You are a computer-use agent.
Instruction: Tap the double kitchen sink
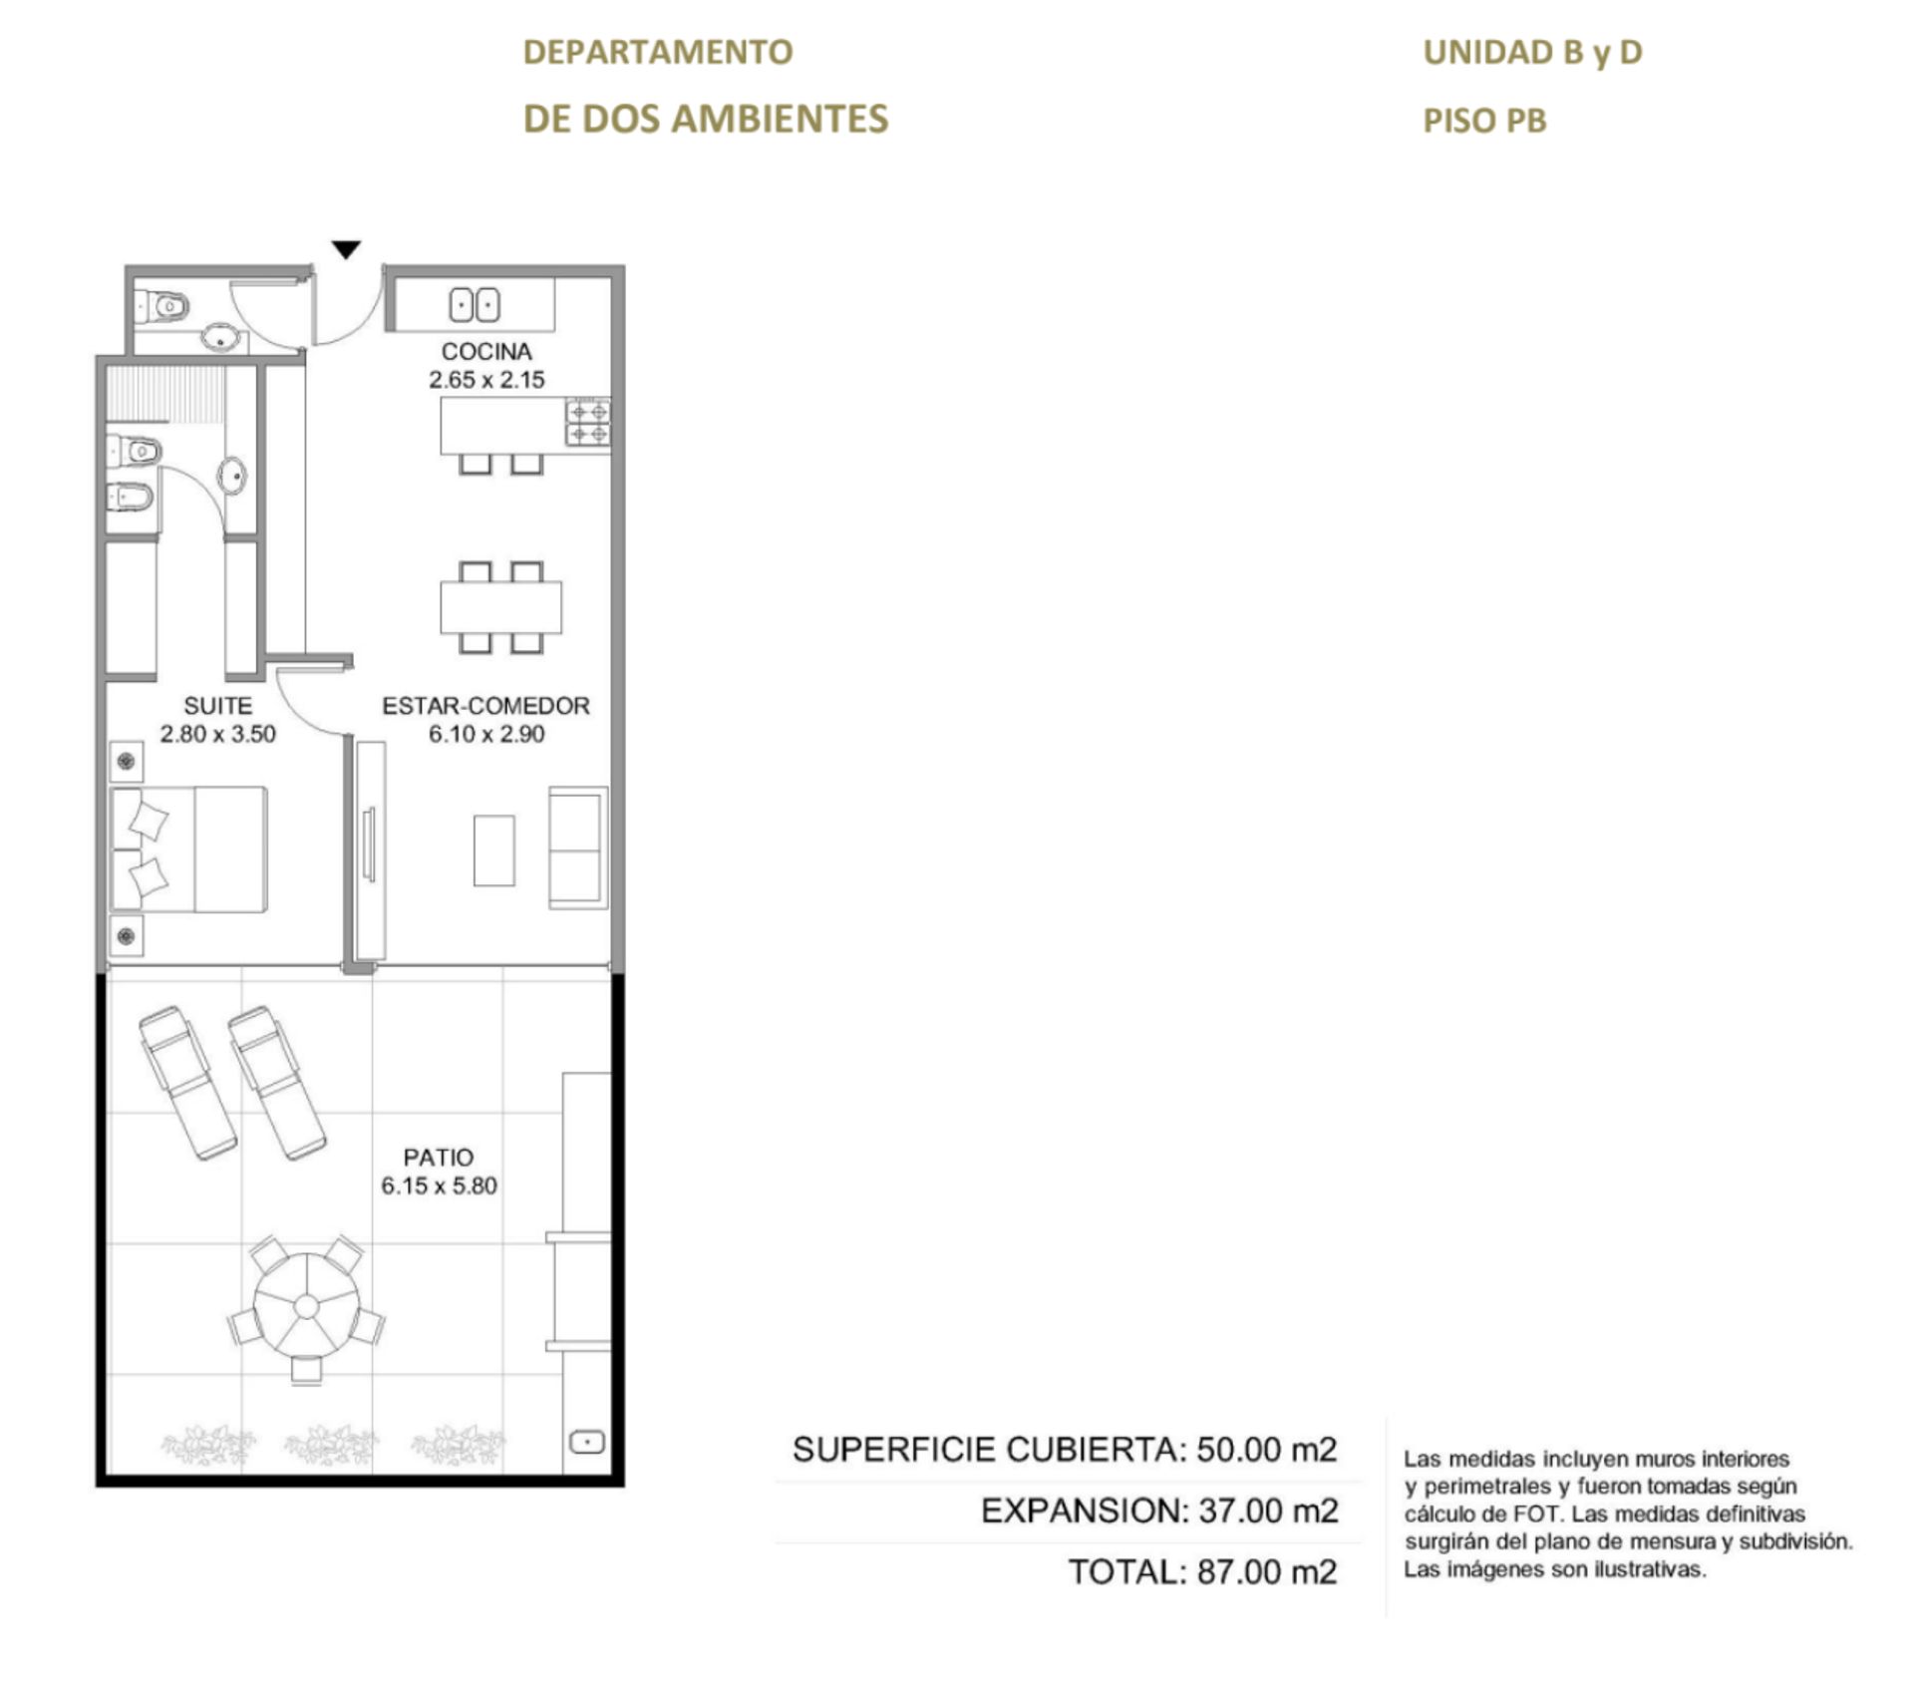pyautogui.click(x=475, y=304)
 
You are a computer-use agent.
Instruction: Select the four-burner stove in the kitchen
pyautogui.click(x=588, y=423)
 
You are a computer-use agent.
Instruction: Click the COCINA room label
pyautogui.click(x=486, y=351)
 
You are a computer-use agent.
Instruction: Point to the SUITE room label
pyautogui.click(x=217, y=706)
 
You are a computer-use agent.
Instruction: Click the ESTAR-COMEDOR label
pyautogui.click(x=486, y=706)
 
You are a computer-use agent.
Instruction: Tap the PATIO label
pyautogui.click(x=439, y=1158)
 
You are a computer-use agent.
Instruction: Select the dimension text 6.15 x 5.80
pyautogui.click(x=439, y=1185)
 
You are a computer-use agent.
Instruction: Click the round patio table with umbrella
pyautogui.click(x=306, y=1305)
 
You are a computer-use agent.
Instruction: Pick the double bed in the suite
pyautogui.click(x=189, y=849)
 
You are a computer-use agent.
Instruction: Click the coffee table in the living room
pyautogui.click(x=494, y=850)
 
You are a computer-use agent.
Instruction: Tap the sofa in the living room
pyautogui.click(x=578, y=847)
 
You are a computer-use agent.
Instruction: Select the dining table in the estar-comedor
pyautogui.click(x=501, y=607)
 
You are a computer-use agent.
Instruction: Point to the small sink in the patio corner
pyautogui.click(x=586, y=1442)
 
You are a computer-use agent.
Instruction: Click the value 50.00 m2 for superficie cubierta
pyautogui.click(x=1267, y=1450)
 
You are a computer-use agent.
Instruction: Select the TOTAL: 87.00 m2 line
pyautogui.click(x=1202, y=1572)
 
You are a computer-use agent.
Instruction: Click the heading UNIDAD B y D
pyautogui.click(x=1532, y=53)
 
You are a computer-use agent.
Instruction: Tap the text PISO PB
pyautogui.click(x=1484, y=121)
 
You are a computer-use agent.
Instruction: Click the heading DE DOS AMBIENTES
pyautogui.click(x=706, y=119)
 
